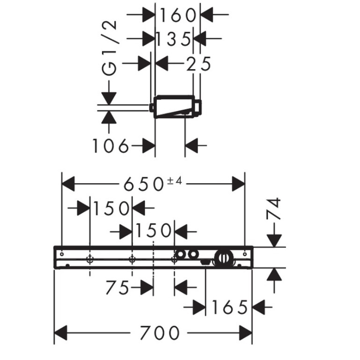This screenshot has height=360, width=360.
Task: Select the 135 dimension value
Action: [x=173, y=39]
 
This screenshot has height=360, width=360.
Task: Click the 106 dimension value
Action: [x=110, y=146]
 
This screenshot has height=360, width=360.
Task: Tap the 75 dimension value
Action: [x=117, y=288]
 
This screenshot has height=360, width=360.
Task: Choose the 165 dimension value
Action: [x=228, y=307]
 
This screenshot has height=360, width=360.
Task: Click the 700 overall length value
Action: [x=159, y=333]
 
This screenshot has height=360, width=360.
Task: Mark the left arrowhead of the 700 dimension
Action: [x=61, y=333]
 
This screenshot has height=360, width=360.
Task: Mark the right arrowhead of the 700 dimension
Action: [x=246, y=333]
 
